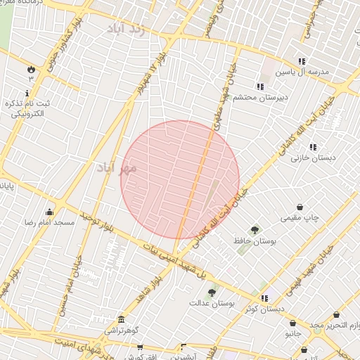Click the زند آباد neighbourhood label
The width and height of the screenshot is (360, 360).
[129, 29]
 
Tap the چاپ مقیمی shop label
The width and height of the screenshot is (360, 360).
[300, 218]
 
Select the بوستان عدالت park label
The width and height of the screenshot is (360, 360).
[211, 303]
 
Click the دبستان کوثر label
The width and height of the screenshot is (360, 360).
[264, 309]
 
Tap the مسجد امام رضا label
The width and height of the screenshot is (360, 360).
[49, 222]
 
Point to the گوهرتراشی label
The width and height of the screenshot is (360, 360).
[124, 330]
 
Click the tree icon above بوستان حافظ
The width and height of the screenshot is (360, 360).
[255, 229]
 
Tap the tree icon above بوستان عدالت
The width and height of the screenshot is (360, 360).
[212, 292]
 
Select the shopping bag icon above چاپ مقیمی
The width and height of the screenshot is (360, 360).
[300, 207]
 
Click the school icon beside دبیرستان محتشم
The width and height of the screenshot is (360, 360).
[260, 87]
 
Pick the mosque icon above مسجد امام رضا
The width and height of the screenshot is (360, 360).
[49, 212]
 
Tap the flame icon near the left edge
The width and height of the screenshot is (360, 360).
[31, 69]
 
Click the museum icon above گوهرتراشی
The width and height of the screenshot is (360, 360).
[122, 319]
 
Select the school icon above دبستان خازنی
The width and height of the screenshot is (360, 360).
[313, 147]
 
